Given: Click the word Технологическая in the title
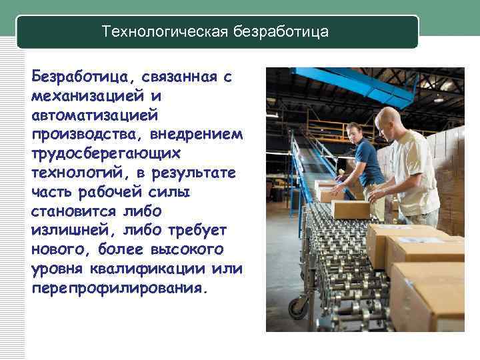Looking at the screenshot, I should tap(165, 31).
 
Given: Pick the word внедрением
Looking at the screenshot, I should tap(196, 135).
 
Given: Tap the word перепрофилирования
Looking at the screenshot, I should tap(119, 289).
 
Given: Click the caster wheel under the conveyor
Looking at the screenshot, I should tap(297, 307).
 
